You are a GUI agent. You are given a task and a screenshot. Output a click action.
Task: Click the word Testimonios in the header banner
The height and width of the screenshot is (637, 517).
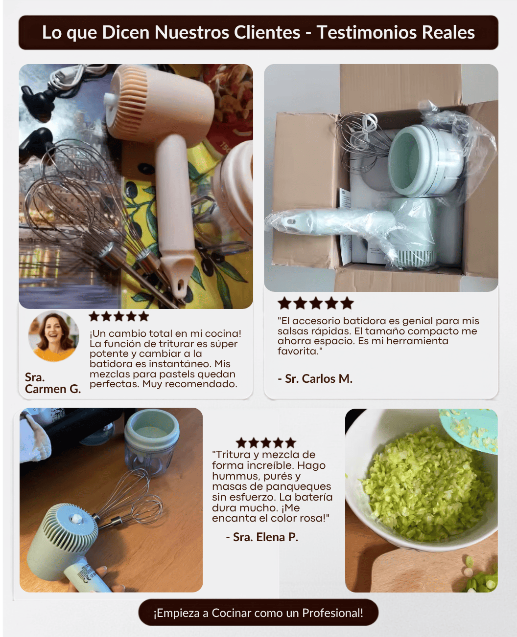point(367,32)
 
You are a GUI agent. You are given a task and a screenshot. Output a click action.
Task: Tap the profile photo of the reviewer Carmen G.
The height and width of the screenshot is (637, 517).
point(54,336)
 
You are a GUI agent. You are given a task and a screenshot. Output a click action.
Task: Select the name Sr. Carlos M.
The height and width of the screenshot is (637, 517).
point(315,378)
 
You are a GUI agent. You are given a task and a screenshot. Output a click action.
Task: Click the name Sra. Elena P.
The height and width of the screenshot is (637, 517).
point(262,537)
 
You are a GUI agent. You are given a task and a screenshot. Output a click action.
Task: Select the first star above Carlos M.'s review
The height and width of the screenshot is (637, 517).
point(284,303)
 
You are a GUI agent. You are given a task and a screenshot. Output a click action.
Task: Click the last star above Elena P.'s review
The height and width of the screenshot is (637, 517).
point(290,443)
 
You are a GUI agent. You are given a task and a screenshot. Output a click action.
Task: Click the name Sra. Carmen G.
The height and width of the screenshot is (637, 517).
point(53,383)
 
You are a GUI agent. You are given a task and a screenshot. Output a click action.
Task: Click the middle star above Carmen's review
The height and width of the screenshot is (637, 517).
point(119,316)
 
